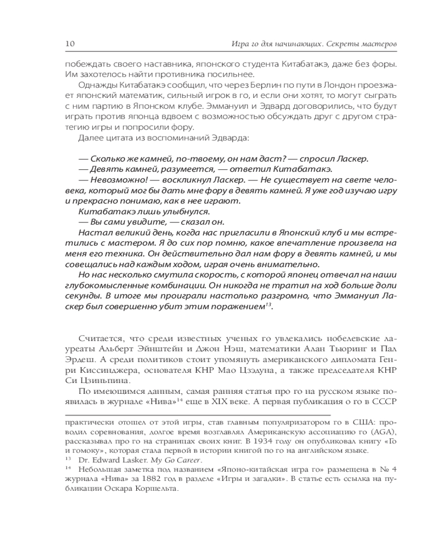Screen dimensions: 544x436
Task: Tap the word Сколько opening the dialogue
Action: (108, 159)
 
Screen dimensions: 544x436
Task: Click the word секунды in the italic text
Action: (82, 296)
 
